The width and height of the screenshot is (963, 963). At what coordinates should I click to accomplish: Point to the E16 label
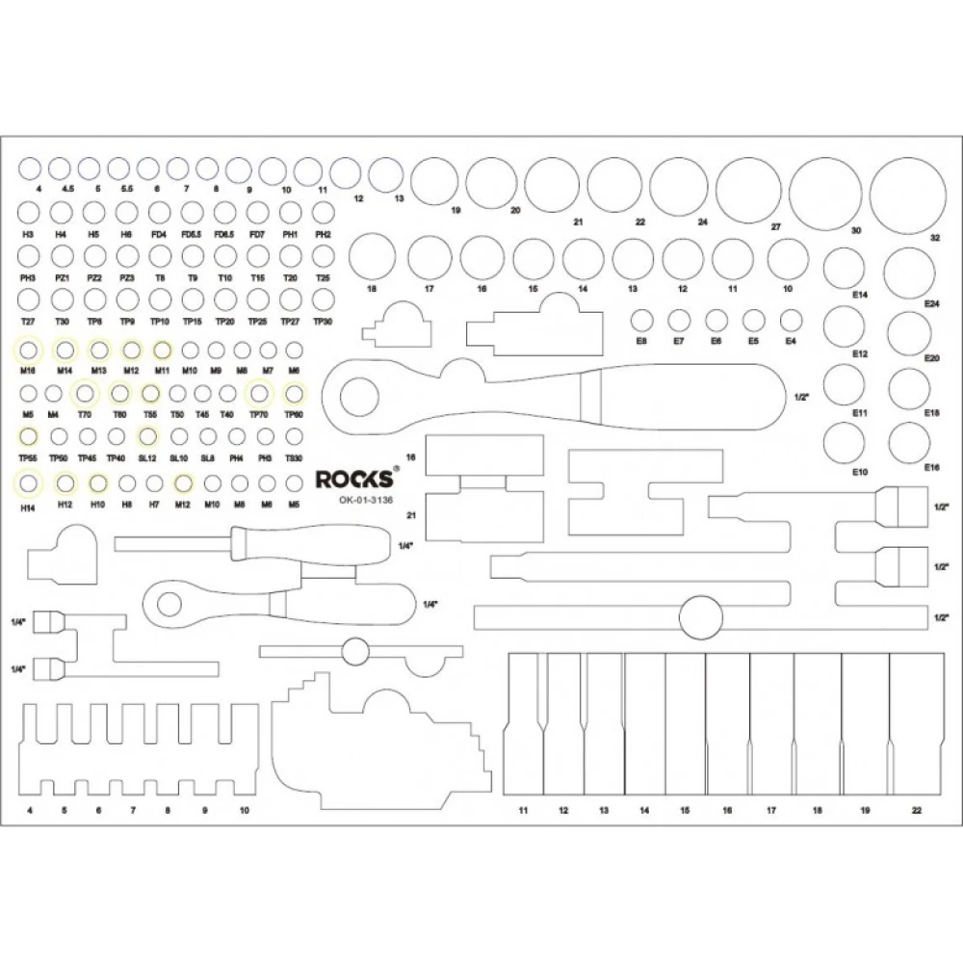click(x=931, y=467)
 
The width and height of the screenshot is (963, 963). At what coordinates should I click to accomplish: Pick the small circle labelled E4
click(x=792, y=320)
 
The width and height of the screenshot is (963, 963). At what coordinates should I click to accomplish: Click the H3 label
click(x=28, y=234)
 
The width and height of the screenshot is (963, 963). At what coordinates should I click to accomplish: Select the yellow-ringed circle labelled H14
click(x=29, y=482)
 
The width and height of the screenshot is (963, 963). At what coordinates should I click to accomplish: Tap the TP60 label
click(x=294, y=415)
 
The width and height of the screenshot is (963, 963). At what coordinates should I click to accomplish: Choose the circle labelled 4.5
click(x=60, y=168)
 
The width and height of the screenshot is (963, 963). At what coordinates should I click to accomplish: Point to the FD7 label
click(x=257, y=234)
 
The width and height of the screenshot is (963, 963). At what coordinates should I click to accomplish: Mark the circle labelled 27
click(x=748, y=188)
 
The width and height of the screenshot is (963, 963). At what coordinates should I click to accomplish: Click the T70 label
click(x=85, y=415)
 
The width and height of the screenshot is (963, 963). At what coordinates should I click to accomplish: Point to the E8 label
click(x=641, y=341)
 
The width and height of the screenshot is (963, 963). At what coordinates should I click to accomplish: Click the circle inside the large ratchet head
click(x=361, y=396)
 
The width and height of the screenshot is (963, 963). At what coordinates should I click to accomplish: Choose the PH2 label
click(x=323, y=234)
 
